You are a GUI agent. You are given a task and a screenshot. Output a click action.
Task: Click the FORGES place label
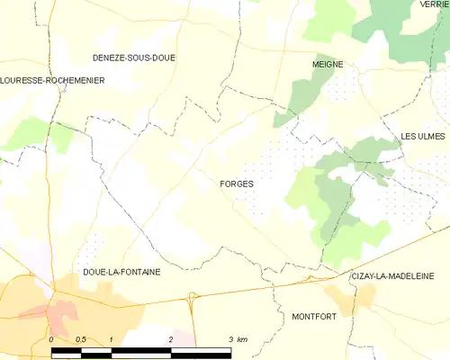236,184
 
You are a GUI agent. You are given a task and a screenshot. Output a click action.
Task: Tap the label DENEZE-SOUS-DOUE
134,58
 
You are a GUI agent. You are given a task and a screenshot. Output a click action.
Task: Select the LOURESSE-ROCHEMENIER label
52,80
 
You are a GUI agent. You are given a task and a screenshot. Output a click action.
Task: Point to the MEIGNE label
328,65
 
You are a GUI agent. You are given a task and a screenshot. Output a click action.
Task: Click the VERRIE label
434,4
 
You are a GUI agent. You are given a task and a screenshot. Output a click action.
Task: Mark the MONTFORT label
314,317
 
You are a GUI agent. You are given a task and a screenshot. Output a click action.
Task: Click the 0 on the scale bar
51,339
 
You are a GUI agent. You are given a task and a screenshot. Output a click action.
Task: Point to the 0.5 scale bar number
80,339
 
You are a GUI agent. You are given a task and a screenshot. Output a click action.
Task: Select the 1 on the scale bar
110,339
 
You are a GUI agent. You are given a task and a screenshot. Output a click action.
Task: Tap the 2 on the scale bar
170,339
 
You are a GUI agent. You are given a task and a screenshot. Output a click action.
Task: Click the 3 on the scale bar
230,339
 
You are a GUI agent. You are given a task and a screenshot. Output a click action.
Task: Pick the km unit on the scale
242,339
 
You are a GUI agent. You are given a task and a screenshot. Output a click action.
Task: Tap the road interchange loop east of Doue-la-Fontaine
192,295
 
